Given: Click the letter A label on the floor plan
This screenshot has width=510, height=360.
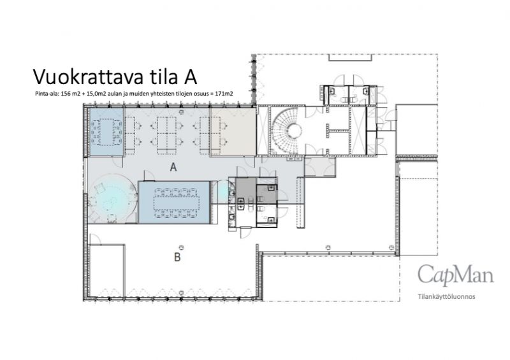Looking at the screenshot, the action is [x=173, y=167].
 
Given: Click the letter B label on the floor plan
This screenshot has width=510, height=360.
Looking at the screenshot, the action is [x=177, y=257].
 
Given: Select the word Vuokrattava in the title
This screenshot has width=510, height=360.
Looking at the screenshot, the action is [x=88, y=77].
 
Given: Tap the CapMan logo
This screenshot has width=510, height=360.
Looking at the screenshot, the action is [x=455, y=275].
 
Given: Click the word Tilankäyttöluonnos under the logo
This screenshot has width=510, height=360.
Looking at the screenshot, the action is [x=447, y=296].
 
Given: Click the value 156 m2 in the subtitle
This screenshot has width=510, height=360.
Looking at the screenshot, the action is [x=70, y=94].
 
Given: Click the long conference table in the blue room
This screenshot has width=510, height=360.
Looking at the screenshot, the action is [x=176, y=203].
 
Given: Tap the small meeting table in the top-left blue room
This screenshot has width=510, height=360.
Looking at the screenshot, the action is [x=106, y=131].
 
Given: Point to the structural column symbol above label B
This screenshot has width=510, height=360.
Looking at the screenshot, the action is [x=181, y=248].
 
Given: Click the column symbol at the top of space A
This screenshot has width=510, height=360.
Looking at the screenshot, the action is [x=181, y=112].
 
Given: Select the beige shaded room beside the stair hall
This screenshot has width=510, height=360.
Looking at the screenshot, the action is [x=233, y=131].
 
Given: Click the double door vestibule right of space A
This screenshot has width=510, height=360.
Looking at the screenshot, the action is [x=320, y=167].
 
